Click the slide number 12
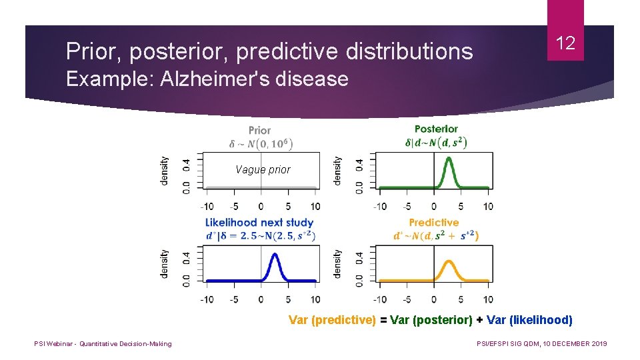565,44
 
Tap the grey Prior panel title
259,130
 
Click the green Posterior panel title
436,129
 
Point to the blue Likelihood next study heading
259,222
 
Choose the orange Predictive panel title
434,222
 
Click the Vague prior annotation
263,169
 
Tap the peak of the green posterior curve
449,159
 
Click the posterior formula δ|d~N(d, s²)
436,142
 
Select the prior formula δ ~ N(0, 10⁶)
261,143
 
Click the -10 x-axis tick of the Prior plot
207,206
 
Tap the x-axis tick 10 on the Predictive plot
488,299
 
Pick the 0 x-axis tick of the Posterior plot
434,206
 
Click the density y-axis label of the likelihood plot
165,263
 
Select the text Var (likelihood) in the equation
529,320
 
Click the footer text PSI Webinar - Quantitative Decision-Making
103,343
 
